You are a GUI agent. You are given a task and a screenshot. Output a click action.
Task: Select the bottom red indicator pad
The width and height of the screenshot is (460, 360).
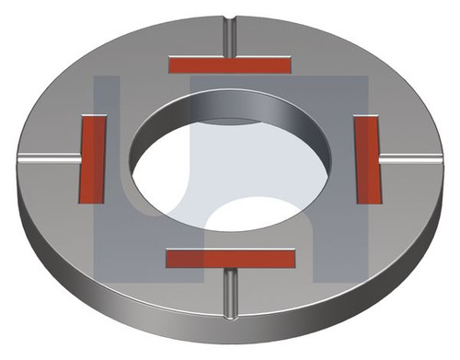(x=231, y=258)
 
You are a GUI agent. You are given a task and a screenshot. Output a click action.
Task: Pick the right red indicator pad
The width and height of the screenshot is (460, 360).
(x=368, y=158)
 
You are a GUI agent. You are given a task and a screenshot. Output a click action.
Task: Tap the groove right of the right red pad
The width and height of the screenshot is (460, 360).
(x=414, y=158)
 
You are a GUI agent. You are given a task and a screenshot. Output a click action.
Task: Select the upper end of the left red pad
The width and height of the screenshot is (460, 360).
(x=94, y=121)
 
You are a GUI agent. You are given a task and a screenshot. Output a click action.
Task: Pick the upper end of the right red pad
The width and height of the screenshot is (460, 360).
(x=367, y=121)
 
